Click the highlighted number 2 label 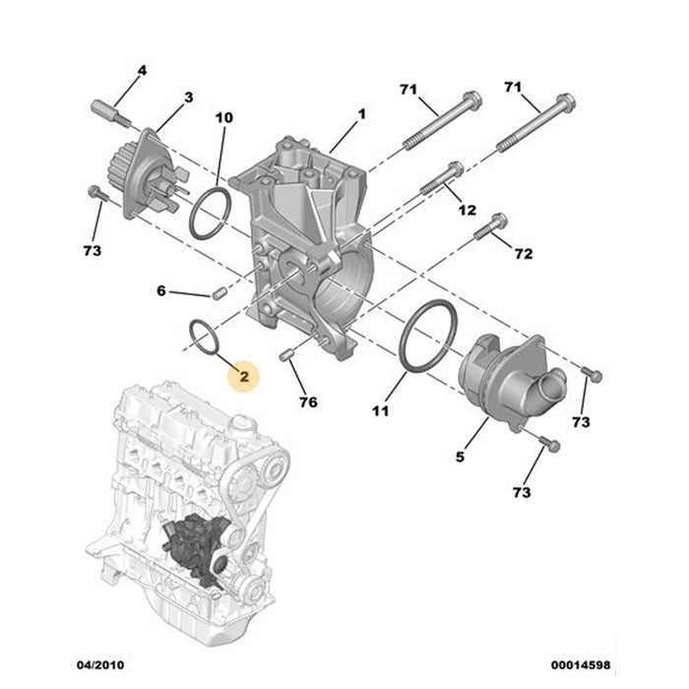pyautogui.click(x=243, y=375)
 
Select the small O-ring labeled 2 pyautogui.click(x=202, y=336)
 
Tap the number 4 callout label pyautogui.click(x=142, y=71)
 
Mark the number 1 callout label pyautogui.click(x=361, y=115)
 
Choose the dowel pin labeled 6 pyautogui.click(x=219, y=292)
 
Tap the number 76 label pyautogui.click(x=308, y=402)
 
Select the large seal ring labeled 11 pyautogui.click(x=428, y=339)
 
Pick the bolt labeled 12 pyautogui.click(x=442, y=178)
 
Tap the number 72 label pyautogui.click(x=523, y=254)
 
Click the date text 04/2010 pyautogui.click(x=101, y=665)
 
